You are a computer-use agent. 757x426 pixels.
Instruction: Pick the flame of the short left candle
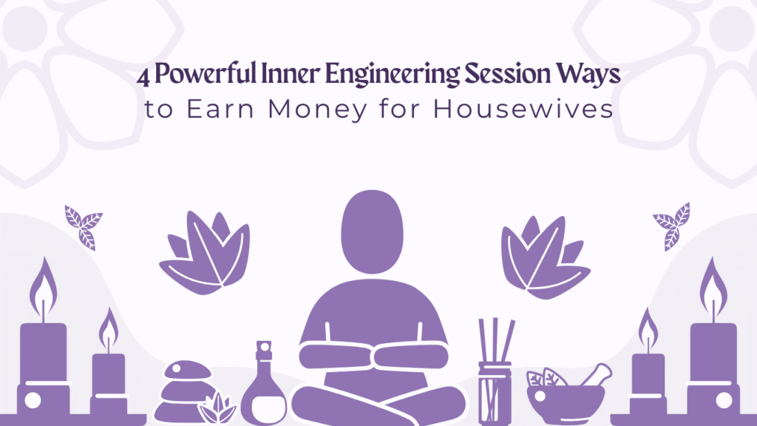tap(109, 328)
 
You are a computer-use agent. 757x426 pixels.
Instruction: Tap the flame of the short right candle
tap(648, 328)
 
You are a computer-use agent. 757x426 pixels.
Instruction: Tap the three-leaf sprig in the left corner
tap(83, 225)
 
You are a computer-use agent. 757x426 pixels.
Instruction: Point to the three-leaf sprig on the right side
tap(671, 225)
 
